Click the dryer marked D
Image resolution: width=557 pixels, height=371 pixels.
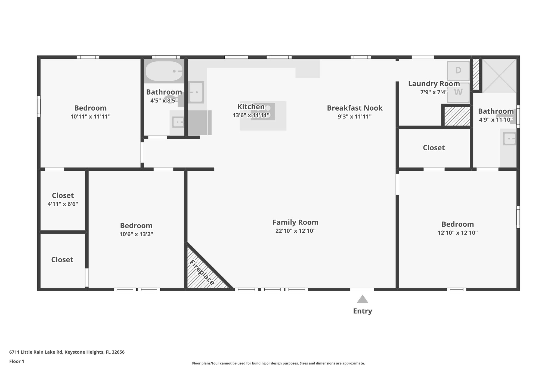(x=458, y=71)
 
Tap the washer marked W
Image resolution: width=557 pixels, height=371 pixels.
(x=458, y=92)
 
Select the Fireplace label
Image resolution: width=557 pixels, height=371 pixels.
(x=202, y=272)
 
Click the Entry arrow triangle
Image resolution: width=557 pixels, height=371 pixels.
(x=362, y=300)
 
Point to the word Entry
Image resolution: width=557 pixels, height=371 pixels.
(x=362, y=311)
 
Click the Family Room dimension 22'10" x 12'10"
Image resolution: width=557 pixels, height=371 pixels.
(x=295, y=231)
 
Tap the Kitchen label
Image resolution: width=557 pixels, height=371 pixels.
(x=251, y=107)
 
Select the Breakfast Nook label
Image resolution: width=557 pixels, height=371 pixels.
(x=355, y=108)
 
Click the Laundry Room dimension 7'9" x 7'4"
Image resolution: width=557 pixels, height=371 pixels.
(x=434, y=92)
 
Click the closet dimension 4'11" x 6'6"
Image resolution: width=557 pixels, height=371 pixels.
(x=63, y=204)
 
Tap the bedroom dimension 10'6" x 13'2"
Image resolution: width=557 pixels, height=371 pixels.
(x=136, y=234)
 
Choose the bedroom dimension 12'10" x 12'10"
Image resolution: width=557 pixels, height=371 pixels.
(x=457, y=233)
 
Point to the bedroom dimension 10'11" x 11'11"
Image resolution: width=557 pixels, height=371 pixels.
(x=90, y=117)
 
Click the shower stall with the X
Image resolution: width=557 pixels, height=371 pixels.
(x=499, y=76)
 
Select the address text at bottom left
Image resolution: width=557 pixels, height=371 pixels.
(x=67, y=352)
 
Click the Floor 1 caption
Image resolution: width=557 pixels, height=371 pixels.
(x=17, y=361)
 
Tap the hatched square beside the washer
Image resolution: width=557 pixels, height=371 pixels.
(x=457, y=116)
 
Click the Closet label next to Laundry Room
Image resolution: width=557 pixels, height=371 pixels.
(x=434, y=148)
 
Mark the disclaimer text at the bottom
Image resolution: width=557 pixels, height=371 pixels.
(x=278, y=363)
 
